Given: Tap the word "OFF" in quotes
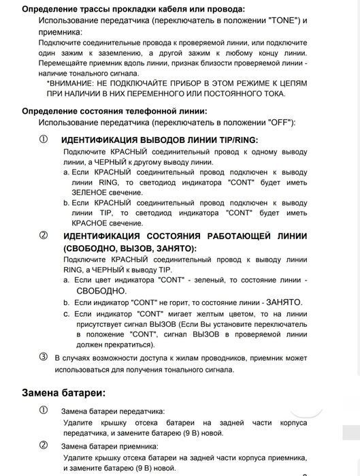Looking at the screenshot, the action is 276,122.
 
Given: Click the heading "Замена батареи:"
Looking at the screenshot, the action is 63,393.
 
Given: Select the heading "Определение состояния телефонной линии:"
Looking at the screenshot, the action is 114,111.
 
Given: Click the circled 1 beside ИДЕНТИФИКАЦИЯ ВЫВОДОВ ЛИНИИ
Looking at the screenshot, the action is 44,140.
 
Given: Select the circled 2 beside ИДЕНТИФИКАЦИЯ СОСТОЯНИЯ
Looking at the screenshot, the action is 44,236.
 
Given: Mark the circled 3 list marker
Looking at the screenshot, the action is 44,357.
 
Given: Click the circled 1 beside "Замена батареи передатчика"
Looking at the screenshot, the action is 44,411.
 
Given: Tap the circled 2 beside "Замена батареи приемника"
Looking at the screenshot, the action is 44,445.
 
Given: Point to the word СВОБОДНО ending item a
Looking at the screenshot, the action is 101,290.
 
